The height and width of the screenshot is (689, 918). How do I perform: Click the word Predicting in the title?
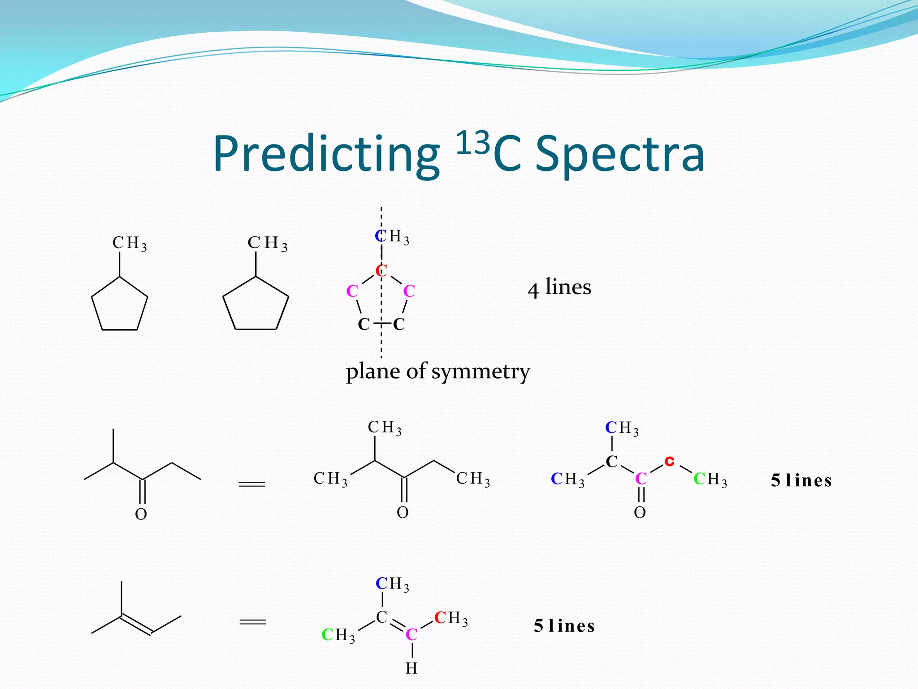326,154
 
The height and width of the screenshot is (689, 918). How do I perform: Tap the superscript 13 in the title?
472,143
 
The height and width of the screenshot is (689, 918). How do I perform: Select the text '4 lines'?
559,287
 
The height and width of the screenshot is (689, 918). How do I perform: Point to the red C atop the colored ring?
381,270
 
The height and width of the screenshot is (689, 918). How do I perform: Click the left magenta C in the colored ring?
352,291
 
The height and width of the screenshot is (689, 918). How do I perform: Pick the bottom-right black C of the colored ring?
398,324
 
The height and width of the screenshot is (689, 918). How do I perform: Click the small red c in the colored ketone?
669,461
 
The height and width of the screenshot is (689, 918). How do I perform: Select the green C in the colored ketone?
699,479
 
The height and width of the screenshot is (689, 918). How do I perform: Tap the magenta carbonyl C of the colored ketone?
641,479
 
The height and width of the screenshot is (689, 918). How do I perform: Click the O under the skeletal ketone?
141,514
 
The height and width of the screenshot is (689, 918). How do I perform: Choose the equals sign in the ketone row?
252,484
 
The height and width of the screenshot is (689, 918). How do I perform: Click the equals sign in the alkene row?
253,622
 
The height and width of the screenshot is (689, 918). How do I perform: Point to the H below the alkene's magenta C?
411,668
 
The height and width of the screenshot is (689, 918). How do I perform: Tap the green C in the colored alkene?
328,635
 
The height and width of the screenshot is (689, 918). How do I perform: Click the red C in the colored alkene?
440,618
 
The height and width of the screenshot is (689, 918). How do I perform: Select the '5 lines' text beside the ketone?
801,480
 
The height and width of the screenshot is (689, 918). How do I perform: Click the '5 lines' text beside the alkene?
564,626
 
